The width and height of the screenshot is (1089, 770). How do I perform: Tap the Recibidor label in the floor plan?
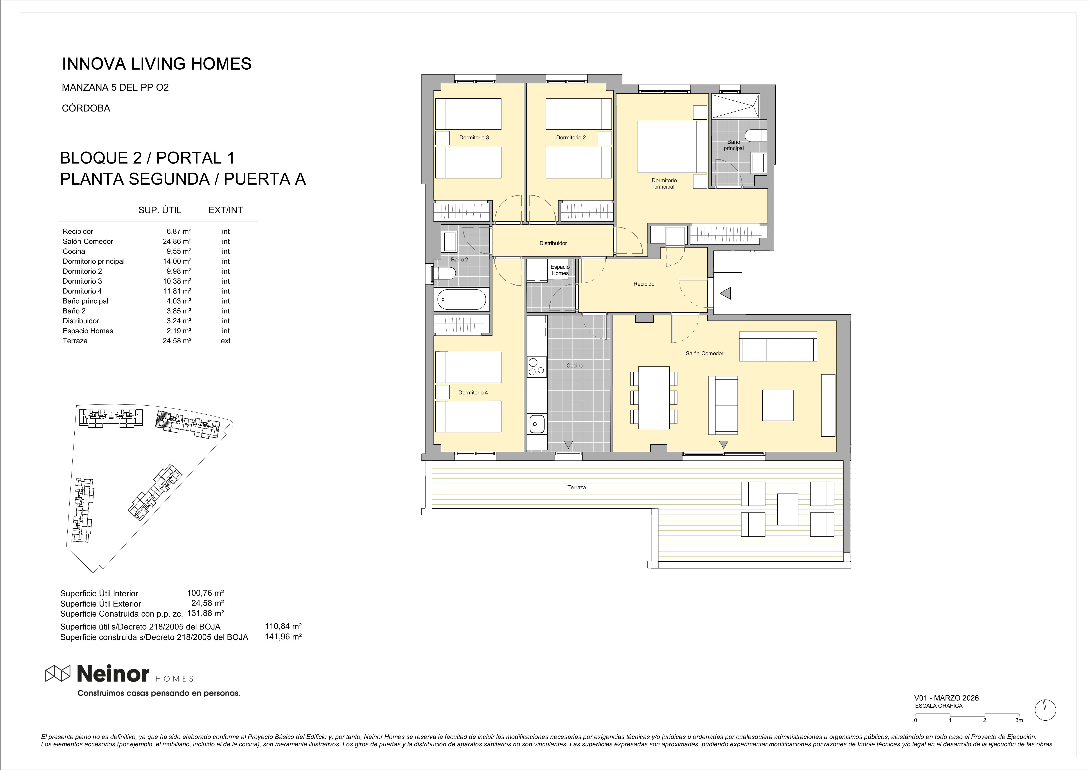pos(645,284)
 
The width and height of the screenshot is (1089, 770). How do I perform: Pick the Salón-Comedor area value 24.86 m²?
pos(177,241)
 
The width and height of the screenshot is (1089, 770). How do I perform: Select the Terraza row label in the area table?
pos(75,341)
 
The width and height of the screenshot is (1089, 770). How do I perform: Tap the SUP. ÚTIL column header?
pos(160,210)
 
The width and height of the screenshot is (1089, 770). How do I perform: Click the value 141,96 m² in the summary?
pos(283,637)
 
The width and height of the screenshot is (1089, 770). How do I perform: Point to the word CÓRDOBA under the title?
pos(86,108)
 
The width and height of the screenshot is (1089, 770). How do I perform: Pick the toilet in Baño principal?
pos(755,136)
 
